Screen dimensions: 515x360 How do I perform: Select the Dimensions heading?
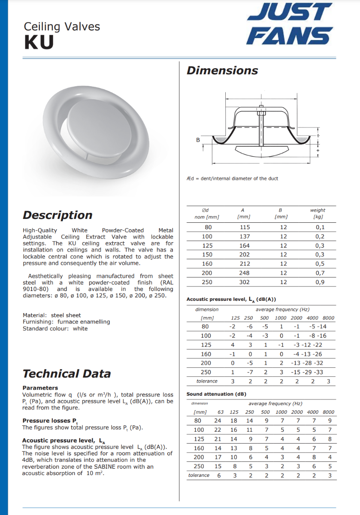(x=222, y=70)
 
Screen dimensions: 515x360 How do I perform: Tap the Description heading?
(x=57, y=215)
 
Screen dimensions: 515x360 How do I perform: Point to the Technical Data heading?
(x=67, y=373)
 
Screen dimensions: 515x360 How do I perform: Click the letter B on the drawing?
(x=198, y=140)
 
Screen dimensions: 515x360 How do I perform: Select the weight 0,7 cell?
(x=320, y=273)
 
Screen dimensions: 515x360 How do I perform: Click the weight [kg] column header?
(x=318, y=213)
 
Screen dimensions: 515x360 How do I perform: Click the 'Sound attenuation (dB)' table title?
(x=216, y=394)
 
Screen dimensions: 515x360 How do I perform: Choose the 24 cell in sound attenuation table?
(x=218, y=421)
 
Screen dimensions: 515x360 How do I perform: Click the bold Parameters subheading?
(x=40, y=388)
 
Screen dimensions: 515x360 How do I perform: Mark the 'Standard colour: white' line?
(x=55, y=329)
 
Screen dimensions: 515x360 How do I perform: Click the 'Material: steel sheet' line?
(x=51, y=315)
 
